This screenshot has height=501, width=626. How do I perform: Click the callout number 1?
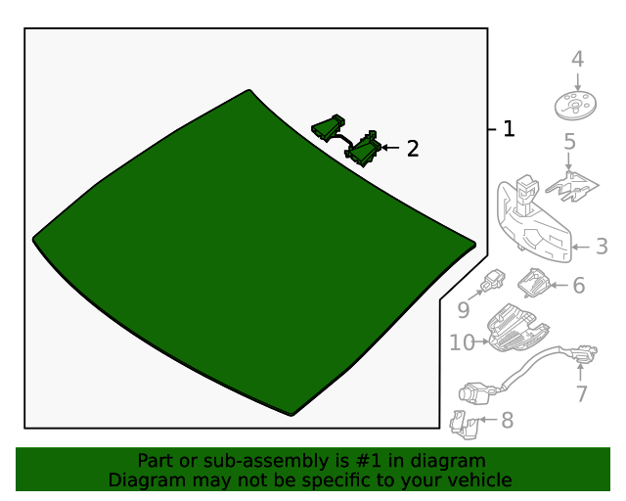pos(507,128)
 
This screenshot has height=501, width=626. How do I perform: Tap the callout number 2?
pos(413,149)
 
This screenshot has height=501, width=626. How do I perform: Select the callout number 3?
pos(602,248)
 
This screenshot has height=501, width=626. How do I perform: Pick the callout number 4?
pos(577,60)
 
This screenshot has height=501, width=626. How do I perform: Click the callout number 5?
pos(569,143)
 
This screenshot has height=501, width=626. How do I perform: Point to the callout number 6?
pos(578,286)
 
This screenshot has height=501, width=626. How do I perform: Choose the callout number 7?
pos(581,393)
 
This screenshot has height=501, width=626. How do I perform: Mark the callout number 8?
pos(506,421)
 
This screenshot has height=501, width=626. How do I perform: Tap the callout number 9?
pos(464,310)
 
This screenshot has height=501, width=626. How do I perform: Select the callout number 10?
pos(462,342)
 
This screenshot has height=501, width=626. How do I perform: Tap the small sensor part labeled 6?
pos(534,283)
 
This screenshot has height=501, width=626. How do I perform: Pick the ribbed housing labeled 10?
pos(514,328)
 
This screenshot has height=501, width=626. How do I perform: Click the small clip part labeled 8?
pos(464,423)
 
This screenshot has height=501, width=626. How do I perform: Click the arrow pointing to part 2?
pos(390,148)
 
